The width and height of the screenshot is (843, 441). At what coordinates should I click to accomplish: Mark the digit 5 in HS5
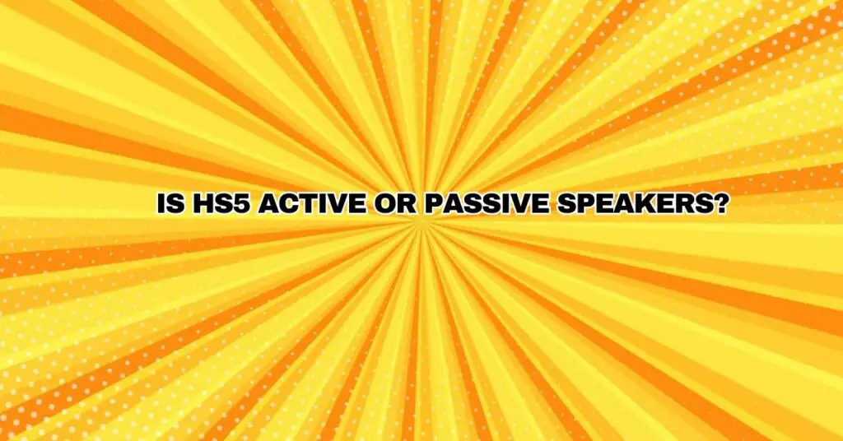tap(242, 203)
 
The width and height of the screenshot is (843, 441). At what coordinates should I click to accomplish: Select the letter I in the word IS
tap(161, 203)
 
